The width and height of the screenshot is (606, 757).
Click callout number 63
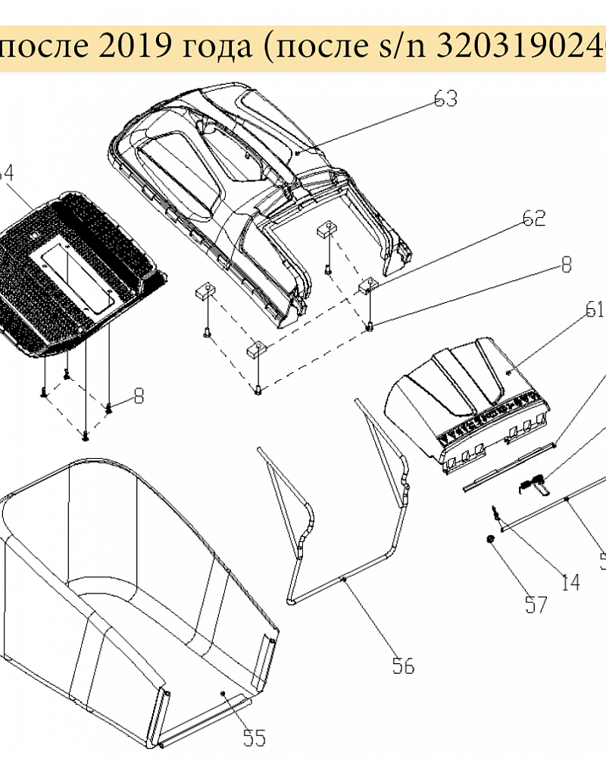click(446, 99)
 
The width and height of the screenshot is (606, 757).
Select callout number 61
click(595, 310)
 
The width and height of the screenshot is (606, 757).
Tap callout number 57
click(536, 604)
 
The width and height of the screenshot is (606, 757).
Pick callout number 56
click(403, 665)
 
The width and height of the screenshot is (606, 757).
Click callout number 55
click(255, 737)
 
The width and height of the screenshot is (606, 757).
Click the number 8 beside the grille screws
click(138, 395)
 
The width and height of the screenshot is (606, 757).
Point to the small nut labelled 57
click(490, 539)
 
